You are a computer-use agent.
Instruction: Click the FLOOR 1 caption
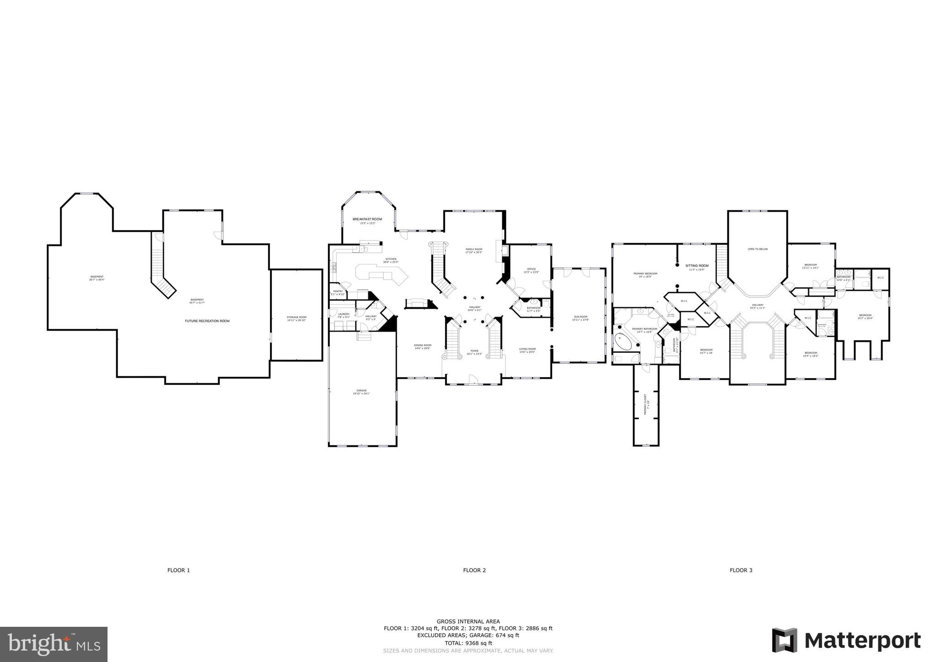point(178,570)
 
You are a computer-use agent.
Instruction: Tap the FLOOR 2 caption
point(474,570)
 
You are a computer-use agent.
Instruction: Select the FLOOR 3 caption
point(741,570)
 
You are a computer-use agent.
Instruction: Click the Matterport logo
point(846,641)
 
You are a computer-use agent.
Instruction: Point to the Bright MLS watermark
point(54,644)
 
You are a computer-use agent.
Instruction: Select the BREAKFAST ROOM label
point(367,219)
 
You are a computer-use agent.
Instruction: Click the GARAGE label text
point(361,391)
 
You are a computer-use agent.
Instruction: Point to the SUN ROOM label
point(581,317)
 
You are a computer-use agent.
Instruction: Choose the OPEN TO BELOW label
point(758,249)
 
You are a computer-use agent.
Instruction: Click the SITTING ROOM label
point(697,266)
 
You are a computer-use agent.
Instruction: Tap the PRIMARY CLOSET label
point(646,404)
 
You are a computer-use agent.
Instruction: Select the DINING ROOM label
point(422,346)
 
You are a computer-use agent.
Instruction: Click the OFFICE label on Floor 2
point(531,269)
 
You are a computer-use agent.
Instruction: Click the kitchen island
point(381,275)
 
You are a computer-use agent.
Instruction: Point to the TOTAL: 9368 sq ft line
point(468,643)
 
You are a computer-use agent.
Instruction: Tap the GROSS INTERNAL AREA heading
point(468,621)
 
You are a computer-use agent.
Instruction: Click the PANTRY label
point(338,291)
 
